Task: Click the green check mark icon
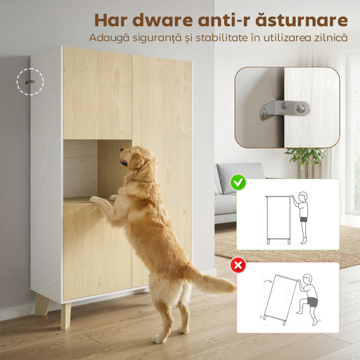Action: (x=238, y=182)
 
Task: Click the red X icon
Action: (x=238, y=265)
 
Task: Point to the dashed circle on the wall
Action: (x=30, y=81)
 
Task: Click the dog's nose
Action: (x=122, y=151)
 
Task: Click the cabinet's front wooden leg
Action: (x=66, y=314)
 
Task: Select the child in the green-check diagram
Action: (x=302, y=216)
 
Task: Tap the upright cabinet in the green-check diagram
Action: (x=278, y=218)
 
